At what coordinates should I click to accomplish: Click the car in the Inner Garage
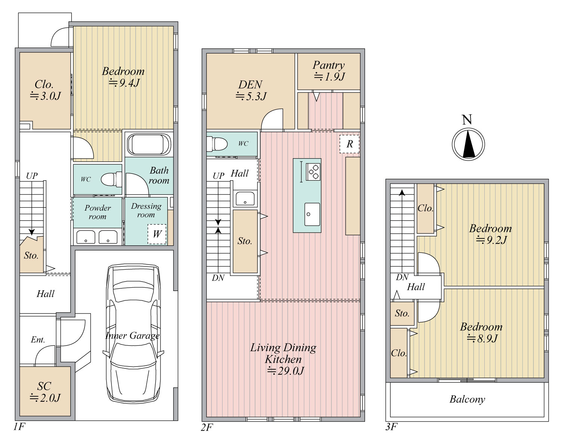(x=133, y=334)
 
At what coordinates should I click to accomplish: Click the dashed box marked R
(x=349, y=144)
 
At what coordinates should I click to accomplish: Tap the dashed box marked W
(x=157, y=234)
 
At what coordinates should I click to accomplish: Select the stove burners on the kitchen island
(x=313, y=172)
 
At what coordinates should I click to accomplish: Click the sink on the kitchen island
(x=312, y=214)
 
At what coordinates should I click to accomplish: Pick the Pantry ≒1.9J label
(x=329, y=71)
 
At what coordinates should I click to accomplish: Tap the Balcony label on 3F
(x=467, y=399)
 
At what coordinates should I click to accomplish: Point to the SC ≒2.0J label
(x=45, y=392)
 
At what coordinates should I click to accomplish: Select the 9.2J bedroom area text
(x=491, y=239)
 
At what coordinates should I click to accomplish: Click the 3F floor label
(x=391, y=427)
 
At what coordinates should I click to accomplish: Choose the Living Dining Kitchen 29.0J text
(x=283, y=359)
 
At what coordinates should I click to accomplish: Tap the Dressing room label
(x=146, y=210)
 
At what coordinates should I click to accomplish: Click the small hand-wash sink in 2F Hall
(x=245, y=199)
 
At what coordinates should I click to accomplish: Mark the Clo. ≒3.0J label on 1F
(x=45, y=90)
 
